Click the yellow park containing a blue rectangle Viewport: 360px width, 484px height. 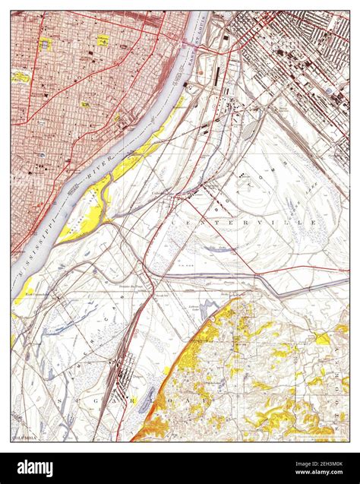47,44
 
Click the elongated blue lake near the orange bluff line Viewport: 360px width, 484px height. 149,399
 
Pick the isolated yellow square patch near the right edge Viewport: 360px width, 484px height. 322,339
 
